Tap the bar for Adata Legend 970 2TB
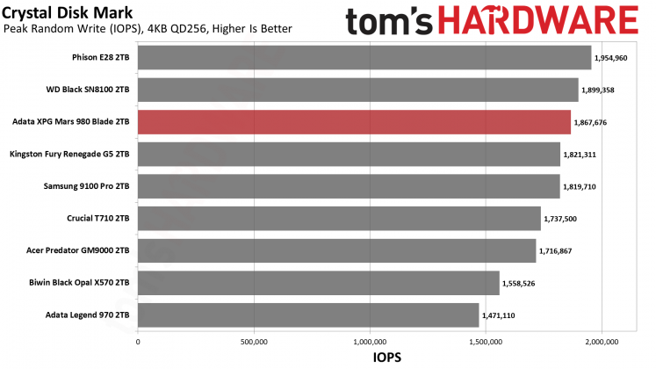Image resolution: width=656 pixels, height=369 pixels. coord(308,315)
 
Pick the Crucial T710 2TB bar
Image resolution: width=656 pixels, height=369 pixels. coord(339,218)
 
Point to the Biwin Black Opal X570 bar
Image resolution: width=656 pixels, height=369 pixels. coord(318,283)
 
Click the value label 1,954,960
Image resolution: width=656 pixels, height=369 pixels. coord(612,58)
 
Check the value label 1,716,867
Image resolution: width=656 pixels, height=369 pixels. coord(557,250)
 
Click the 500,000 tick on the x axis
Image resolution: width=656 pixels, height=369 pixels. coord(253,340)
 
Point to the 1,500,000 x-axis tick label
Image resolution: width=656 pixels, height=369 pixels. coord(486,340)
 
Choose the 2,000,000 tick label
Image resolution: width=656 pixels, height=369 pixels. coord(602,340)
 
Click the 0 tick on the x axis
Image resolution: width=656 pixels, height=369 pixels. coord(138,340)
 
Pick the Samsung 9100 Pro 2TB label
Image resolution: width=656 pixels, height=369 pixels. coord(86,186)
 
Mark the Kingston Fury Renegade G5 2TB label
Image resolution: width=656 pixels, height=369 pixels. coord(69,154)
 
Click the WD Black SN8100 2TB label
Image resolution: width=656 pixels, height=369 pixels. coord(88,90)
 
